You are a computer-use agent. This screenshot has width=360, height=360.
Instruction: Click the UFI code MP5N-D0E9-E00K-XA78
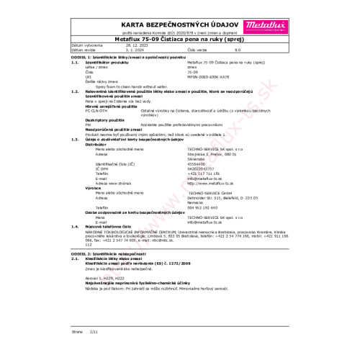202,74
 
